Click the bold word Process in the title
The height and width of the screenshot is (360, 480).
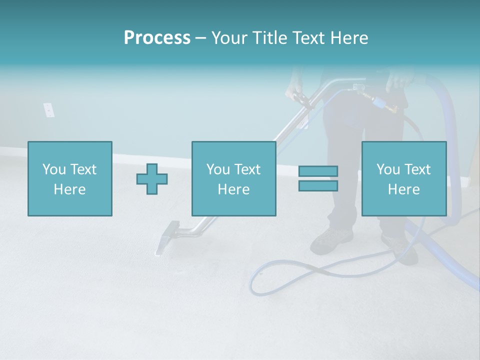pos(157,38)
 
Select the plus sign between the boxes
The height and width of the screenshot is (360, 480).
pos(152,179)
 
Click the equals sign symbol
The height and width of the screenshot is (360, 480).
pos(318,178)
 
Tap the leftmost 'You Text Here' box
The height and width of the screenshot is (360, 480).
pos(70,178)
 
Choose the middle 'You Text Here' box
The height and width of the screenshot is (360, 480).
pos(233,178)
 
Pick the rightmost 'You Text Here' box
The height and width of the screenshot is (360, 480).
pos(403,178)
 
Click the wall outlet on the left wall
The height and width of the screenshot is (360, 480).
pos(48,109)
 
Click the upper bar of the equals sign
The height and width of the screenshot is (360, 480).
pos(318,171)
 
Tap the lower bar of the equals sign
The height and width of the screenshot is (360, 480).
pos(318,186)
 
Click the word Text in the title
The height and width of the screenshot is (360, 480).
pos(307,38)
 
